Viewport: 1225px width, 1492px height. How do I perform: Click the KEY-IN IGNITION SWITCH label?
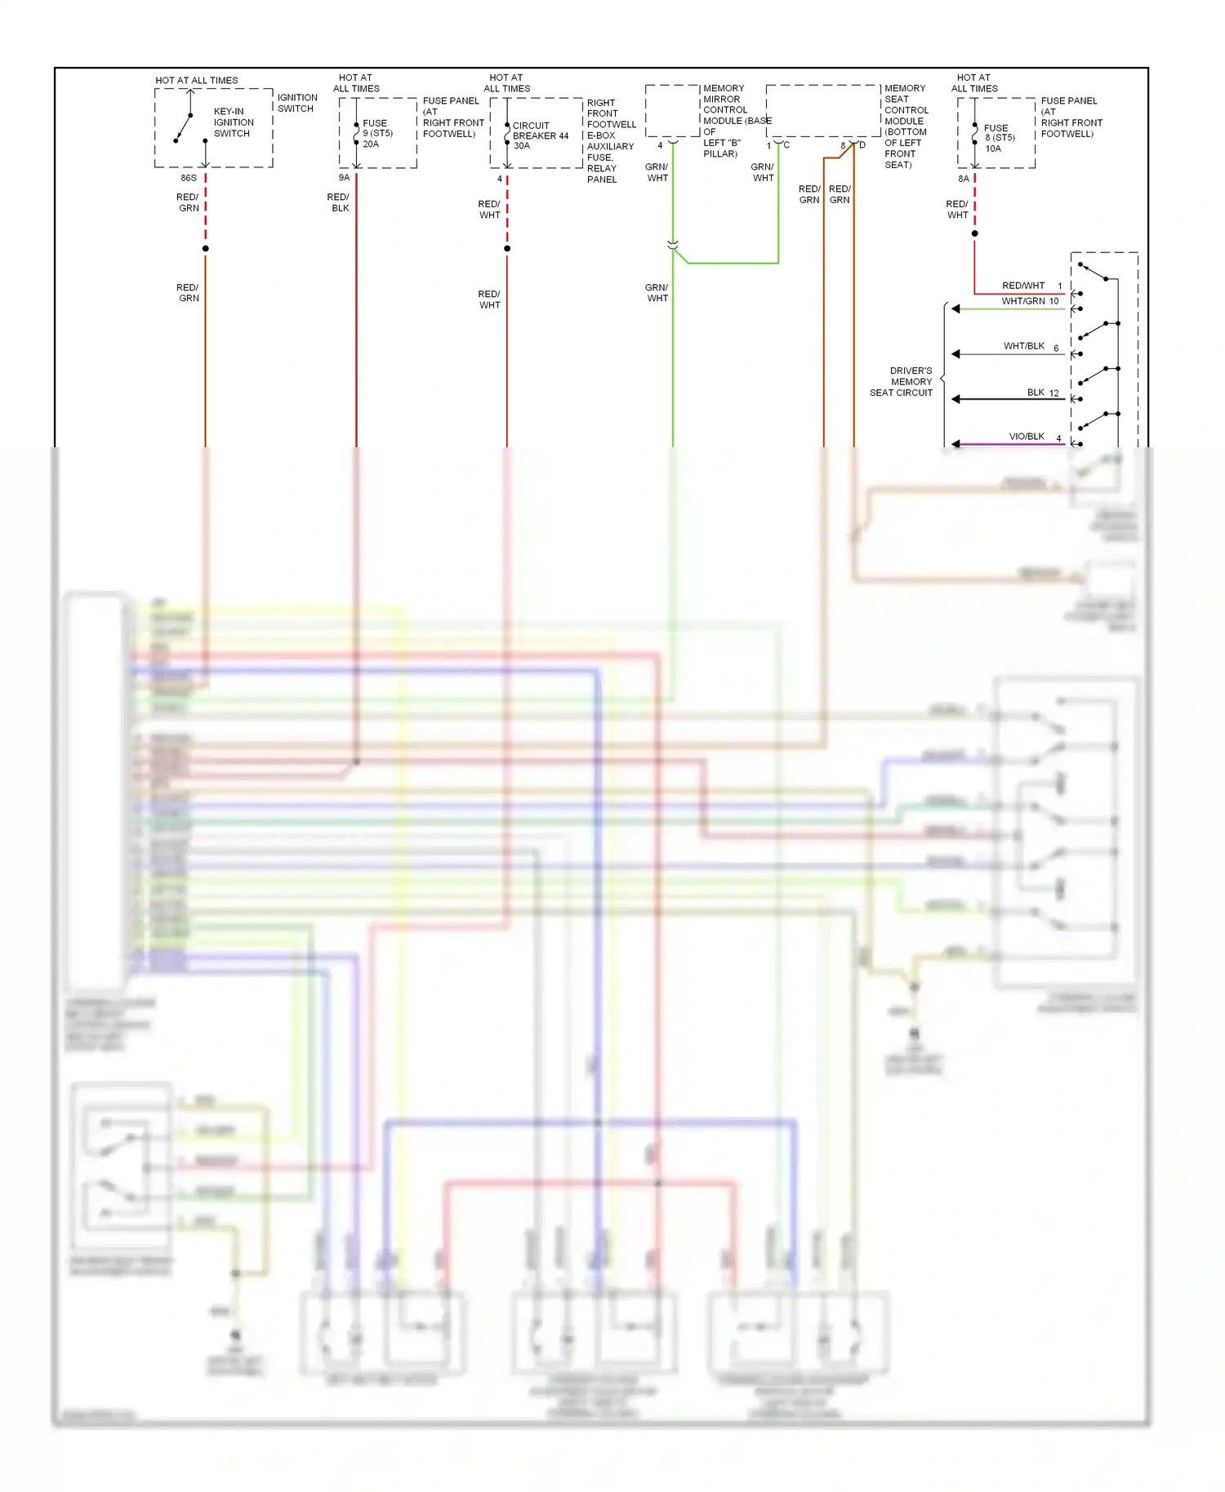[233, 122]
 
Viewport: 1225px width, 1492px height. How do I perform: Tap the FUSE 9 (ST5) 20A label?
[376, 134]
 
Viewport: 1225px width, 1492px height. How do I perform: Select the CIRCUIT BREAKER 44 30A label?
[539, 135]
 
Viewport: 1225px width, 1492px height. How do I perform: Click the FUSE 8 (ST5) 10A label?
[998, 138]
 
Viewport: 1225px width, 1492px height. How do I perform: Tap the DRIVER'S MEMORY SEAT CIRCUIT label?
[902, 382]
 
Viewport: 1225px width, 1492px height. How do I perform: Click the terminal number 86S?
[189, 178]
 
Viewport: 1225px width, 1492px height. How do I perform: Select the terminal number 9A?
[344, 178]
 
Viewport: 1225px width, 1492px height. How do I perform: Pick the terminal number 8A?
[964, 179]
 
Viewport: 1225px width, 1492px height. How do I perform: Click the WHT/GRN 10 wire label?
[1029, 301]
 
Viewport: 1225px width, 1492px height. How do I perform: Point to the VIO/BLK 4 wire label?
[1034, 437]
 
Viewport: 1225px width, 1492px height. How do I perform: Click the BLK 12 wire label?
[1042, 393]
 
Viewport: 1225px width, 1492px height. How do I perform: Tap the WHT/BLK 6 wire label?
[1031, 346]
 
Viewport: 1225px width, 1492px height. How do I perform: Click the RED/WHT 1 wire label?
[1031, 286]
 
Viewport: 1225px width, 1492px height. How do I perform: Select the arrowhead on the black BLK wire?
[955, 399]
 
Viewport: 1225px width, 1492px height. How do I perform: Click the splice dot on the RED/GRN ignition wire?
[206, 248]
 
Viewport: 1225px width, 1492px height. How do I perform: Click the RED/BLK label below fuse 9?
[338, 202]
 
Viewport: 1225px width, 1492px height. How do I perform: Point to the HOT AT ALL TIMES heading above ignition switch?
[197, 80]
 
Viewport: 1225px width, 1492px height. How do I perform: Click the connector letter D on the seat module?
[862, 145]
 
